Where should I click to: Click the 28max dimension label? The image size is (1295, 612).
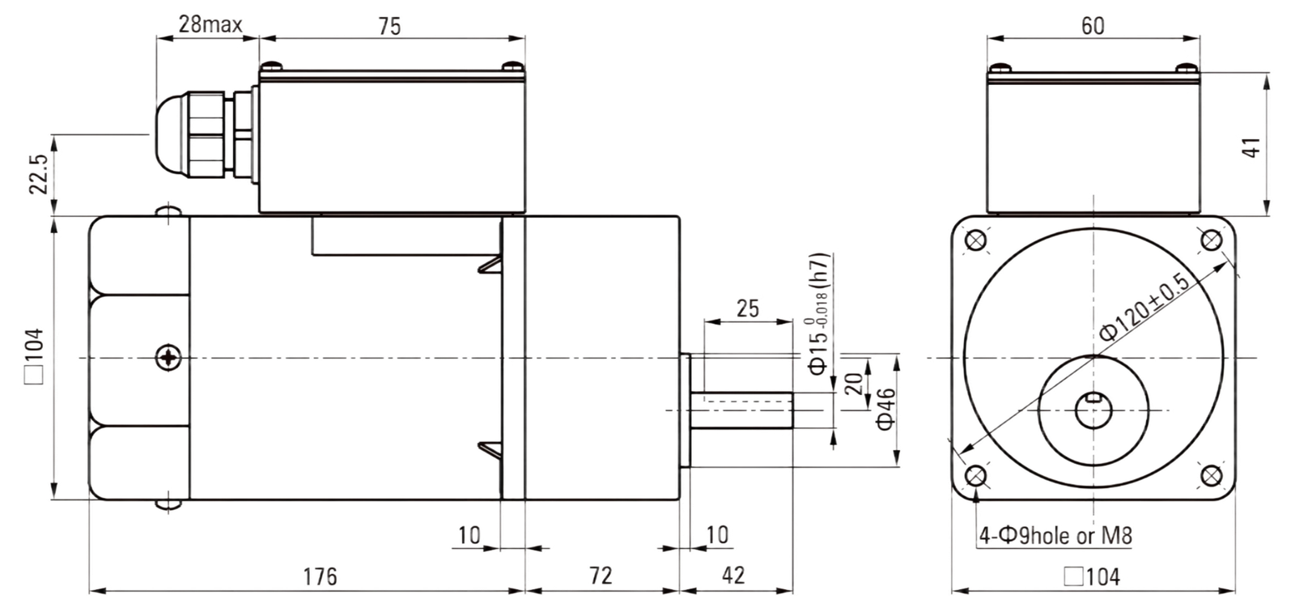pyautogui.click(x=210, y=24)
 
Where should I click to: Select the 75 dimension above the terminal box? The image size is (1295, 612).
pyautogui.click(x=389, y=26)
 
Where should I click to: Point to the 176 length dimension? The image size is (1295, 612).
pyautogui.click(x=320, y=576)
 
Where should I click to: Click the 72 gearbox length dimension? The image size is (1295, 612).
pyautogui.click(x=601, y=576)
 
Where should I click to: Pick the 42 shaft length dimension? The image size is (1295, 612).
pyautogui.click(x=733, y=576)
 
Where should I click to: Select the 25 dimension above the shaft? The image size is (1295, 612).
pyautogui.click(x=748, y=308)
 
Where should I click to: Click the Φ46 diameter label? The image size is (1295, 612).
pyautogui.click(x=885, y=409)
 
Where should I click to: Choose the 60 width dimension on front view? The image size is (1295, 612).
pyautogui.click(x=1093, y=26)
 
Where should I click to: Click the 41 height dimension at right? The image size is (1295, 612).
pyautogui.click(x=1251, y=147)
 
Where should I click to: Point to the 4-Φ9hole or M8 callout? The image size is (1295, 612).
pyautogui.click(x=1055, y=536)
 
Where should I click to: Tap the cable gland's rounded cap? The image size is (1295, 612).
pyautogui.click(x=169, y=134)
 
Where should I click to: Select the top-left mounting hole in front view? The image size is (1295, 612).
pyautogui.click(x=976, y=240)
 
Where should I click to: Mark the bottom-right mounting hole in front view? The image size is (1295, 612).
pyautogui.click(x=1211, y=476)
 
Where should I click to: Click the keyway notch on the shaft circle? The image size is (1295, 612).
pyautogui.click(x=1093, y=397)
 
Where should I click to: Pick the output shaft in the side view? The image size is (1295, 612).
pyautogui.click(x=741, y=410)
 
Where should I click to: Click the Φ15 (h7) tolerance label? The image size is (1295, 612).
pyautogui.click(x=819, y=314)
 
